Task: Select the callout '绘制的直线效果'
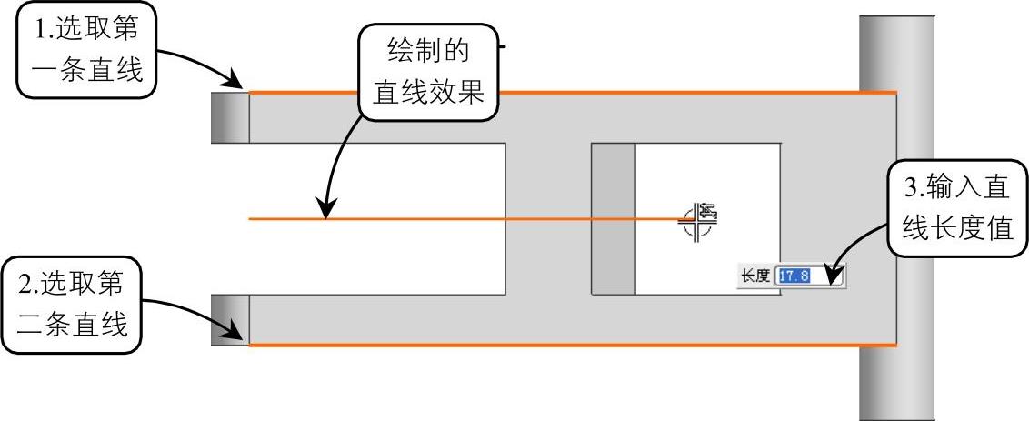(x=429, y=74)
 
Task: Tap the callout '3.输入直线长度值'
(x=956, y=209)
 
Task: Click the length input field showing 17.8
(x=809, y=276)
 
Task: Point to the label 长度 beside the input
(x=755, y=276)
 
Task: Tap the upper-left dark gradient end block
(x=229, y=117)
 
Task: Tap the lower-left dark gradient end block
(x=229, y=319)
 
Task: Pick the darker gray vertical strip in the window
(x=613, y=219)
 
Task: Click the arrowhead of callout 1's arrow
(x=242, y=86)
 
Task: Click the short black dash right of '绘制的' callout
(x=503, y=44)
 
